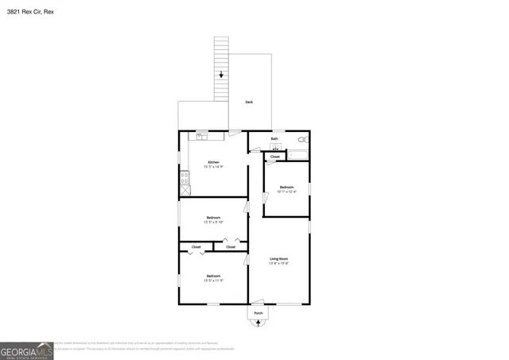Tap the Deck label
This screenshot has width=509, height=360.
click(x=249, y=102)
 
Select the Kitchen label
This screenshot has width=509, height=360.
click(x=214, y=162)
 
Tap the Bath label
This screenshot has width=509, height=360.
click(x=274, y=139)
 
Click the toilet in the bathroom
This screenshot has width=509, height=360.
click(x=303, y=140)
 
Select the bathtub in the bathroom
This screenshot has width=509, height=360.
click(x=295, y=153)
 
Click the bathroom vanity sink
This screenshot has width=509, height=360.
click(x=275, y=148)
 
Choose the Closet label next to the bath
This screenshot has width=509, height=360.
click(x=274, y=157)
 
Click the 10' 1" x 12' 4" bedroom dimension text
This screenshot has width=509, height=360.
click(x=286, y=192)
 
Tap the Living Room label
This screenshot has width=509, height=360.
click(x=278, y=258)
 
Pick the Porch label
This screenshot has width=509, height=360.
click(x=258, y=314)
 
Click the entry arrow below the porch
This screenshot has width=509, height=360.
click(x=258, y=323)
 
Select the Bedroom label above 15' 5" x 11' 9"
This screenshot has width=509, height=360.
click(x=213, y=275)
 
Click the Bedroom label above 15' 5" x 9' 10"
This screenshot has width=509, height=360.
click(x=213, y=217)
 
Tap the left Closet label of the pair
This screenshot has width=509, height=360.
click(x=196, y=247)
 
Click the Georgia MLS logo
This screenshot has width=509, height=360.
click(x=26, y=350)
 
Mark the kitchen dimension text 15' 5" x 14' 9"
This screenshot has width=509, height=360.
click(x=213, y=167)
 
